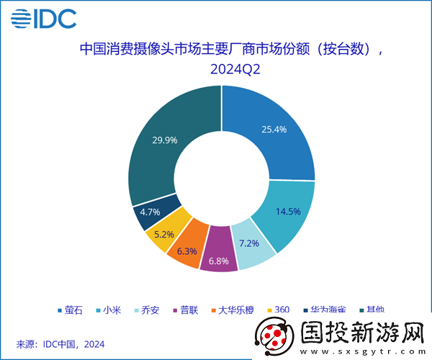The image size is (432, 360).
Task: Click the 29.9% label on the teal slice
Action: (x=165, y=140)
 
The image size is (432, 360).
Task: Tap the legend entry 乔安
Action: (x=149, y=310)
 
